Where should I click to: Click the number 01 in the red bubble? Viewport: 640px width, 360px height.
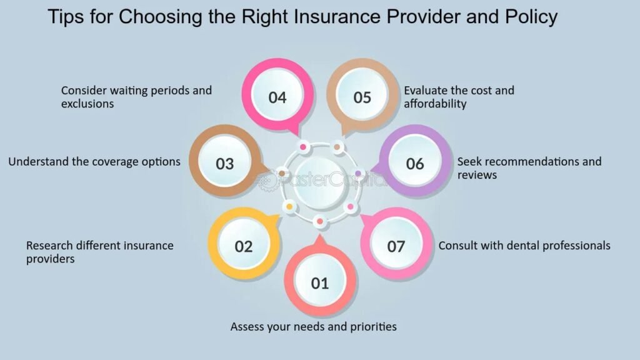pyautogui.click(x=320, y=283)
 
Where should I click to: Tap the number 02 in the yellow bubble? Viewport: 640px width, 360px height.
pyautogui.click(x=244, y=246)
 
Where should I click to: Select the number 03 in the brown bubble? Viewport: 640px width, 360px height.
pyautogui.click(x=225, y=164)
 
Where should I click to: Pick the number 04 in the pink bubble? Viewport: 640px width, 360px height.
pyautogui.click(x=277, y=97)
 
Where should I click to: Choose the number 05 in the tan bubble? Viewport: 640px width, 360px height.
pyautogui.click(x=362, y=97)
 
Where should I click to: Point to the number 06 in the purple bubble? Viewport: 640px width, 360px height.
pyautogui.click(x=415, y=164)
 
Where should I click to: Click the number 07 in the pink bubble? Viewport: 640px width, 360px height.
pyautogui.click(x=396, y=246)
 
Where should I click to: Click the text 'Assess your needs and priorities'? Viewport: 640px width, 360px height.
pyautogui.click(x=314, y=326)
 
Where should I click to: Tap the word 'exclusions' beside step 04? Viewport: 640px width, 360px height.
pyautogui.click(x=87, y=104)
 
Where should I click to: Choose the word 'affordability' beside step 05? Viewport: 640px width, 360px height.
pyautogui.click(x=435, y=104)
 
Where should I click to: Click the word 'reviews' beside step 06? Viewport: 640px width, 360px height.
pyautogui.click(x=477, y=175)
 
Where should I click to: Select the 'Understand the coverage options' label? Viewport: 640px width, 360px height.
pyautogui.click(x=94, y=162)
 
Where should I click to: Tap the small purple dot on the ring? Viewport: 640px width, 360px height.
pyautogui.click(x=358, y=173)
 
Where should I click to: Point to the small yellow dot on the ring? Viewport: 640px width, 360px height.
pyautogui.click(x=289, y=206)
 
